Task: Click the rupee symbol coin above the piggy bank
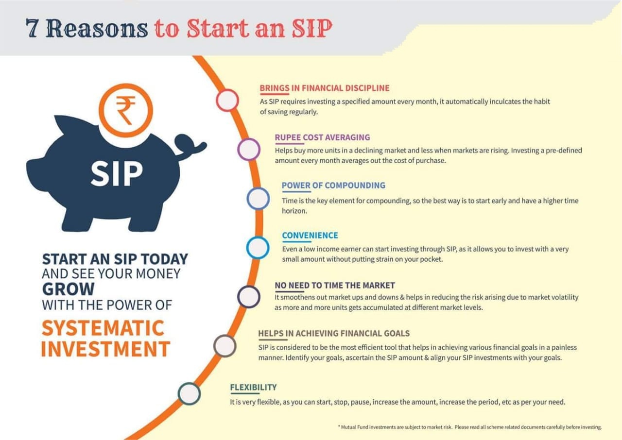[126, 110]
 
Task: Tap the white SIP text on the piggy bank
[117, 173]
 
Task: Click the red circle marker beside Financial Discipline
[227, 100]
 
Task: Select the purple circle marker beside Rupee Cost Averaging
[249, 149]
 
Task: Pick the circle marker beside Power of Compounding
[258, 198]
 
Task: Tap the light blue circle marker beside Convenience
[258, 248]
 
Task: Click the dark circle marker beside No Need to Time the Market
[249, 297]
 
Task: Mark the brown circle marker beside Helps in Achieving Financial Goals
[225, 346]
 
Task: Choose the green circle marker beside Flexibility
[189, 394]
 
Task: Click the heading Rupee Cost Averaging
[322, 137]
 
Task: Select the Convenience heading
[310, 235]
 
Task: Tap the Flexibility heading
[253, 387]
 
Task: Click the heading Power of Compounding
[333, 186]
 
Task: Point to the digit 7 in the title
[32, 28]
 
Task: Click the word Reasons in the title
[97, 28]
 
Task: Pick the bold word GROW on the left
[69, 289]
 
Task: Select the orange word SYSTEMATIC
[103, 328]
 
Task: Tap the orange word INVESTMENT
[106, 349]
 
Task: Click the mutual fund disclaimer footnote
[470, 427]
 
